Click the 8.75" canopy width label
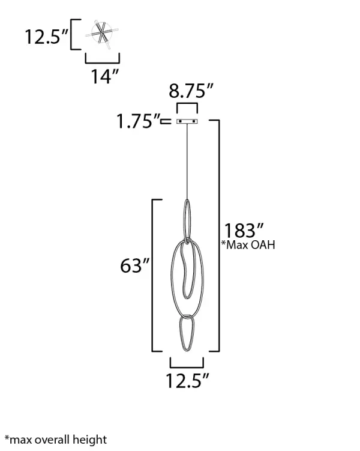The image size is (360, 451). coord(191,92)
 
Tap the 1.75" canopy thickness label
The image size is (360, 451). coord(139,122)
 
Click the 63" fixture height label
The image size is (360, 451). coord(134,266)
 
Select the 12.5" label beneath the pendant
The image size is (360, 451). coord(188,380)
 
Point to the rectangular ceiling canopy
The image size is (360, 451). coord(187,122)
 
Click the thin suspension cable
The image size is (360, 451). coord(188,162)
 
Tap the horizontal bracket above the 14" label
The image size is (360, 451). coord(103,61)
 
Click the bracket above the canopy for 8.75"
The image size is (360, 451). coord(187,106)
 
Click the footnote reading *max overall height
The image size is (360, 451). coord(55,440)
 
